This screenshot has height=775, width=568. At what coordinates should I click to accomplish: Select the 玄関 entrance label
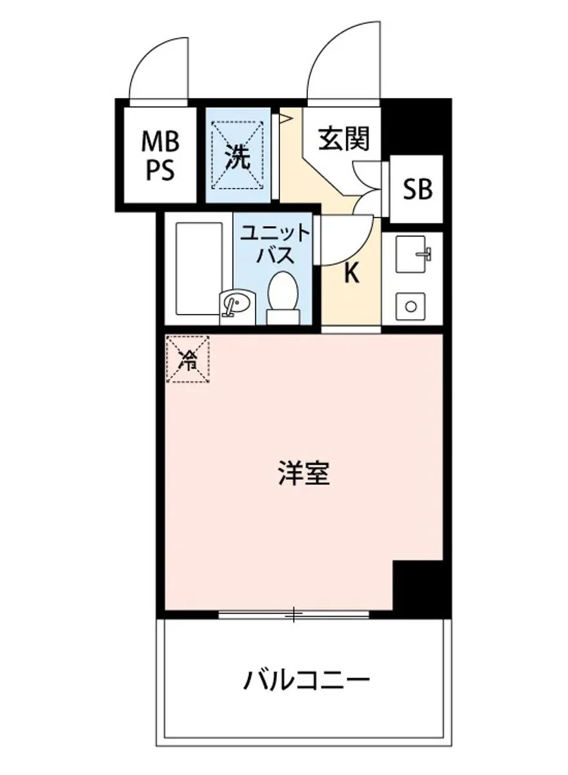tap(344, 138)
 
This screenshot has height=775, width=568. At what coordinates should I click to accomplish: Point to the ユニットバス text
tap(276, 243)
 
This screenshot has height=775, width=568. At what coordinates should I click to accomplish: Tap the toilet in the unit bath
tap(283, 296)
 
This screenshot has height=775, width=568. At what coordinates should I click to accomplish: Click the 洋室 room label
tap(305, 475)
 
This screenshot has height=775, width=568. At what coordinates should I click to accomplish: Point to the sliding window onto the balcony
tap(294, 614)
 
